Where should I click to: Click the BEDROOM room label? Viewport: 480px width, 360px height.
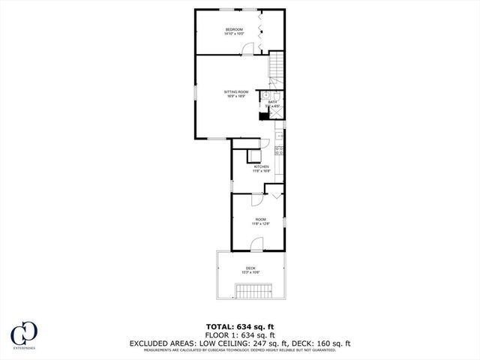click(x=235, y=29)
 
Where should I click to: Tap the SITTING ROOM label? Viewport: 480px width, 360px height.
click(x=236, y=91)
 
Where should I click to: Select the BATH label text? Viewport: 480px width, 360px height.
click(x=273, y=102)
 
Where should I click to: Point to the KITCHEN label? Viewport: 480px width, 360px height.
click(x=261, y=166)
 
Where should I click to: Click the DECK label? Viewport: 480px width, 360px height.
click(x=250, y=268)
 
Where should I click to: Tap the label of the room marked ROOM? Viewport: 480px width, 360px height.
click(x=260, y=219)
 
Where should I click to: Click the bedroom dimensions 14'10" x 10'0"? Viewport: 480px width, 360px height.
click(x=235, y=34)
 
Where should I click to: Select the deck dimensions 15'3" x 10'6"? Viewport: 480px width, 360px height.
click(x=250, y=273)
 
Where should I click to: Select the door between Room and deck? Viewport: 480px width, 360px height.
click(x=256, y=244)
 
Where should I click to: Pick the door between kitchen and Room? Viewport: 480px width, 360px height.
click(x=255, y=200)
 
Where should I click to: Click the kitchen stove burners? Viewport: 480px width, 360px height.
click(x=279, y=150)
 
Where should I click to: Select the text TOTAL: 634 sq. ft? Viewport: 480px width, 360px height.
click(x=240, y=326)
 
